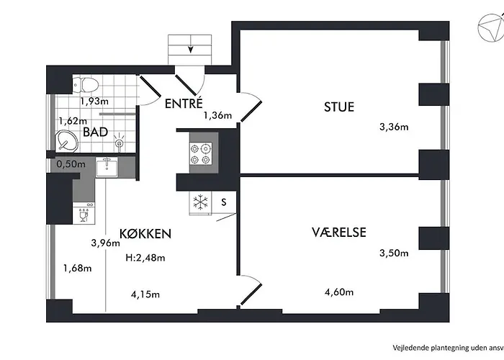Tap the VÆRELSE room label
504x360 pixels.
tap(339, 232)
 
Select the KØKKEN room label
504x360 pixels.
tap(147, 233)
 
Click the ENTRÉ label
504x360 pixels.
tap(184, 103)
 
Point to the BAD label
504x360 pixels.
tap(95, 132)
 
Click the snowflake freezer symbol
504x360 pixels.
tap(200, 202)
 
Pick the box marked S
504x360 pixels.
tap(224, 202)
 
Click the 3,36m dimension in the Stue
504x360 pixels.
tap(394, 127)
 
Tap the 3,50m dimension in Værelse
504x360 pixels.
tap(394, 253)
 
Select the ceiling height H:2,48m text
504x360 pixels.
tap(145, 258)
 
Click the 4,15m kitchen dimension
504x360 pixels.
tap(145, 294)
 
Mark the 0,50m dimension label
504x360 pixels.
tap(71, 164)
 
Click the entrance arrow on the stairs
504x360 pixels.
tap(190, 49)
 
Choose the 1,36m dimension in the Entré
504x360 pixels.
tap(217, 114)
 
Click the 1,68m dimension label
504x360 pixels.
tap(78, 269)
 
